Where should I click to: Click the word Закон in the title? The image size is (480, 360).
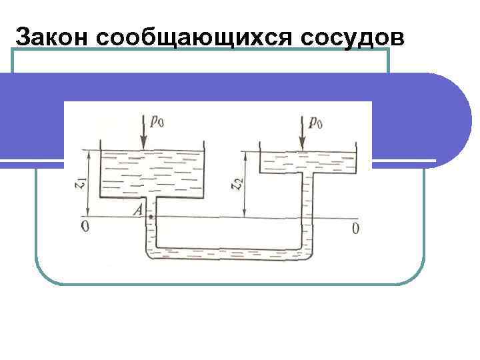(53, 37)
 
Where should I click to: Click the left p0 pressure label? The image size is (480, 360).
(157, 121)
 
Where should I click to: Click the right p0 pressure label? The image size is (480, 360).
(316, 121)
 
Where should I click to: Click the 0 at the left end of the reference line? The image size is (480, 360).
(84, 228)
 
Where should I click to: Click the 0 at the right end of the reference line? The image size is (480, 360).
(355, 229)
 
